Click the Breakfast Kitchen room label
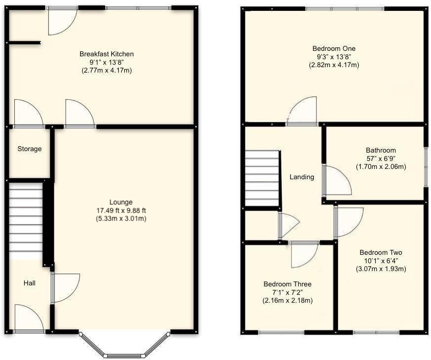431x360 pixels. pyautogui.click(x=107, y=54)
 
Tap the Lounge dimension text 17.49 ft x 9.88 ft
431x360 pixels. pyautogui.click(x=121, y=210)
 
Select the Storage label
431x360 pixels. pyautogui.click(x=30, y=149)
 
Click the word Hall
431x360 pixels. pyautogui.click(x=30, y=283)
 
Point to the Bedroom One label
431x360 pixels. pyautogui.click(x=334, y=48)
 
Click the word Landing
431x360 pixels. pyautogui.click(x=302, y=177)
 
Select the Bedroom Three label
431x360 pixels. pyautogui.click(x=287, y=284)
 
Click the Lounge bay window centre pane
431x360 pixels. pyautogui.click(x=125, y=355)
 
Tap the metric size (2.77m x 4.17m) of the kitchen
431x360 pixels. pyautogui.click(x=107, y=71)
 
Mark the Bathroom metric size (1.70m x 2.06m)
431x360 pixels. pyautogui.click(x=381, y=167)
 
